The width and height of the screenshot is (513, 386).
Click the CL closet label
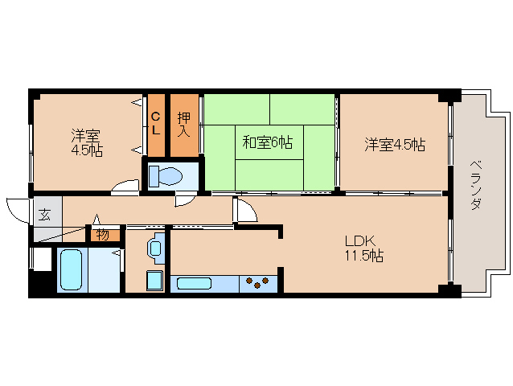(156, 124)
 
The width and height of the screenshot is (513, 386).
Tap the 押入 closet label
(184, 125)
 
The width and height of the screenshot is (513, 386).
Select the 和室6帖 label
(267, 142)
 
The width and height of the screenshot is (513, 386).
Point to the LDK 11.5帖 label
(364, 248)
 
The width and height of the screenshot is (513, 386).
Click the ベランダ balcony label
(476, 185)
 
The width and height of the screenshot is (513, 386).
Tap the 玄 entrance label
(44, 214)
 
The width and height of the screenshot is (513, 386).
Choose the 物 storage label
(102, 235)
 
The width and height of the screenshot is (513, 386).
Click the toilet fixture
(165, 176)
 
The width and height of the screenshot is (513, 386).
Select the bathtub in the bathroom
(72, 270)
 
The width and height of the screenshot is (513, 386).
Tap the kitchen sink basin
(194, 283)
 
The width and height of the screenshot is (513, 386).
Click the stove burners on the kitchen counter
(257, 282)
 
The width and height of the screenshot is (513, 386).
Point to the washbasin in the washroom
(156, 248)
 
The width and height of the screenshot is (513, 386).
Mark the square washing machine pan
(154, 281)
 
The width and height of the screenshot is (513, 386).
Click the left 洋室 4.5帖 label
(87, 142)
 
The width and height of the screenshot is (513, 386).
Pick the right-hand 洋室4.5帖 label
(396, 145)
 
